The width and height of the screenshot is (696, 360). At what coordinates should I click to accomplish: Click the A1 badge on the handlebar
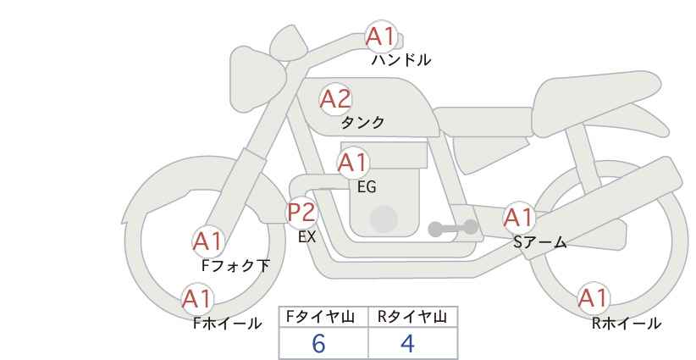point(381,36)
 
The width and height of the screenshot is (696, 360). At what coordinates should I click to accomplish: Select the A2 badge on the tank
point(335,99)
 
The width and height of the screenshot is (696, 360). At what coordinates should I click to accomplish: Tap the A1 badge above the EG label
point(353,163)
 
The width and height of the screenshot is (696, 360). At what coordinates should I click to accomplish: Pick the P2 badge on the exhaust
point(302,212)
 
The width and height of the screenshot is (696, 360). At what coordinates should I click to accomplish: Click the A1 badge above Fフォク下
point(207,241)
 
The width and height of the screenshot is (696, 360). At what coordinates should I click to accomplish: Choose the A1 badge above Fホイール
point(197,299)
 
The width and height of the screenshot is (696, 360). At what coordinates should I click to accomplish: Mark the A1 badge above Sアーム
point(518,218)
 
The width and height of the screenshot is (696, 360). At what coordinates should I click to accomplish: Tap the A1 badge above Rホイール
point(594,298)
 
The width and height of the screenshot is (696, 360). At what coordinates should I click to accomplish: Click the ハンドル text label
point(401,60)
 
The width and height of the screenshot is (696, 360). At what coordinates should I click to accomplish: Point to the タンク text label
point(362,122)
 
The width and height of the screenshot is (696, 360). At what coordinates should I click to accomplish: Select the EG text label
point(367,187)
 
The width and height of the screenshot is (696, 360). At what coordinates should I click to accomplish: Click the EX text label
point(307,237)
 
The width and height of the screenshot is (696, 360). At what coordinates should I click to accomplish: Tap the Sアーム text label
point(539,242)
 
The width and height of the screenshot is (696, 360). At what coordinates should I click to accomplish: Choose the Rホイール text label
point(627,324)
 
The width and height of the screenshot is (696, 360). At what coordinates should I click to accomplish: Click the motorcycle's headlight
point(257,79)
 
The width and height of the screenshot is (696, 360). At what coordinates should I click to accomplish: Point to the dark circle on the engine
point(384,219)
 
